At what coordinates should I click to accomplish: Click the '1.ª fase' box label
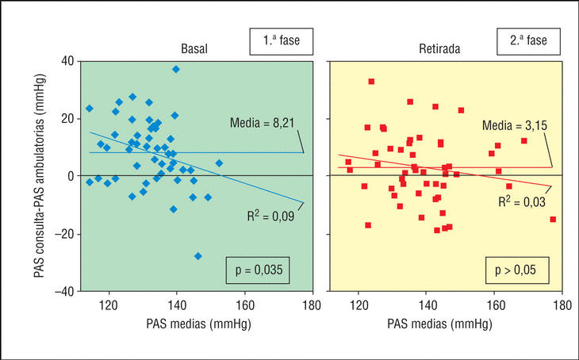pos(282,39)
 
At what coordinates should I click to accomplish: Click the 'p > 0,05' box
pos(512,270)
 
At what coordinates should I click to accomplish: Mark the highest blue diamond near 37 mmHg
pos(176,70)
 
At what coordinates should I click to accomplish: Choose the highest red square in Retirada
pos(371,82)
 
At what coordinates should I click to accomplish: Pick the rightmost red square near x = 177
pos(553,220)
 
